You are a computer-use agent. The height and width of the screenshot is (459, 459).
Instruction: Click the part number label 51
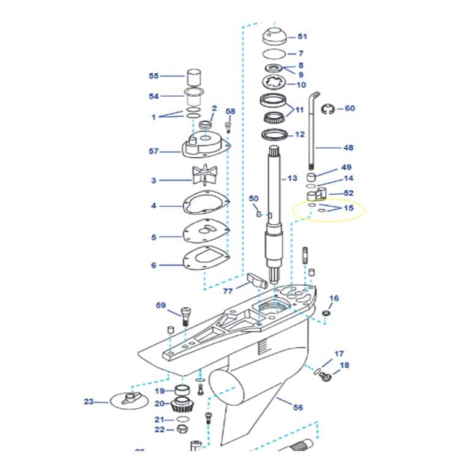point(302,37)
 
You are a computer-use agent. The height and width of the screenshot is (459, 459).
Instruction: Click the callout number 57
point(154,151)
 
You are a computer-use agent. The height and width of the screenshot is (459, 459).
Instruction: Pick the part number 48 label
point(348,147)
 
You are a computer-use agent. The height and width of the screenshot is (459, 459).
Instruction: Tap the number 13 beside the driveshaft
point(293,179)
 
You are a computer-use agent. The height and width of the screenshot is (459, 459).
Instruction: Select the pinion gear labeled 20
point(183,405)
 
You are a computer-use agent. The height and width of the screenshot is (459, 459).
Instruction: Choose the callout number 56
point(298,407)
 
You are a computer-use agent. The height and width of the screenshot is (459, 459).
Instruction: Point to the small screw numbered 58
point(229,126)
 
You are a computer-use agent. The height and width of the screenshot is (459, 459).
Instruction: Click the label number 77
point(228,291)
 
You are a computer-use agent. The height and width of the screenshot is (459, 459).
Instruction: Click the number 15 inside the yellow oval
point(348,208)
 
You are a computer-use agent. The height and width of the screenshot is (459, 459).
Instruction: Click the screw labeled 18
point(326,378)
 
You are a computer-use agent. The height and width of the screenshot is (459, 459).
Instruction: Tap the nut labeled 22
point(182,428)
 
